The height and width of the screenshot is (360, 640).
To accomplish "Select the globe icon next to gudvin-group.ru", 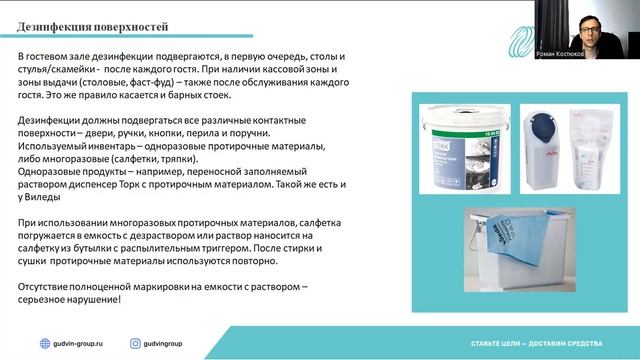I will coord(44,343).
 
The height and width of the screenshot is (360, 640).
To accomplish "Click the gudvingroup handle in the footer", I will coord(166,343).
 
